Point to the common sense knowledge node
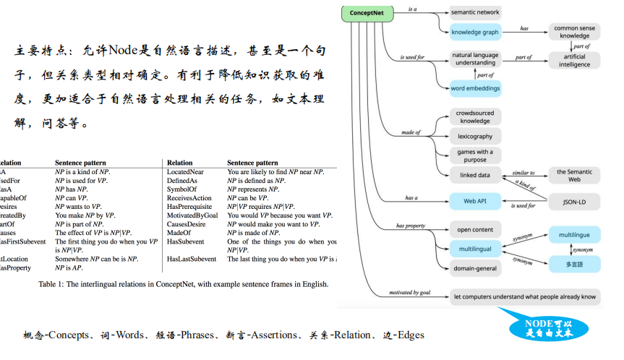[x=576, y=32]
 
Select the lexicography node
[x=474, y=136]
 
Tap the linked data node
[x=474, y=175]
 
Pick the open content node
[x=474, y=230]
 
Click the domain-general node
[x=474, y=268]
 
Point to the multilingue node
[x=574, y=236]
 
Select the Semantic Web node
[x=574, y=175]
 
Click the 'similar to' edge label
[x=523, y=173]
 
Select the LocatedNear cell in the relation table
[x=185, y=172]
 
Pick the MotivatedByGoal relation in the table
[x=192, y=215]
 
